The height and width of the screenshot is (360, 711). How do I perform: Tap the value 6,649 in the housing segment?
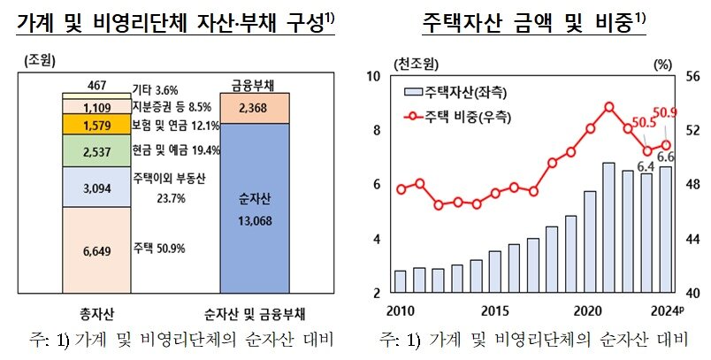[96, 252]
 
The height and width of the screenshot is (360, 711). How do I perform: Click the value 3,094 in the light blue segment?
[96, 188]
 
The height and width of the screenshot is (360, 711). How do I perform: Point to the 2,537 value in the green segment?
[96, 151]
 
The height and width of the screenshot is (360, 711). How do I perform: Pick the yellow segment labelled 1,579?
[96, 124]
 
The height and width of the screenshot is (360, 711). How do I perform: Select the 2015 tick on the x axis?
[494, 310]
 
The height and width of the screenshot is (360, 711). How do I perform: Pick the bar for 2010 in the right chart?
[400, 281]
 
